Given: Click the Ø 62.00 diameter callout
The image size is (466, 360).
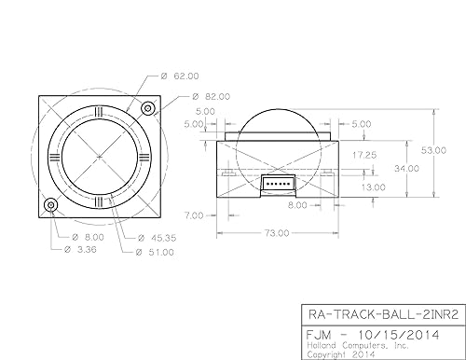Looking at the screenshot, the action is [180, 76].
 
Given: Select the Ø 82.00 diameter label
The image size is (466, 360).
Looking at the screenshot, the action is [212, 97].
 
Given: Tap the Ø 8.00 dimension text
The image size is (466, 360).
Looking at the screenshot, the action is [88, 238].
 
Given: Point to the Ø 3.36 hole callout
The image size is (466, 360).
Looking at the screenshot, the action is [80, 249].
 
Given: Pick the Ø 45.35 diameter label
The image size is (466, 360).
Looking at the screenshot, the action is [157, 238].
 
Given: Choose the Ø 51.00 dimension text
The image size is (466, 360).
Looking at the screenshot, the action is [155, 252].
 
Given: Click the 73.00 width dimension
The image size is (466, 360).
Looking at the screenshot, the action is [277, 233].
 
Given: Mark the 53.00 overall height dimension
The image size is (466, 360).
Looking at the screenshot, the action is [433, 150].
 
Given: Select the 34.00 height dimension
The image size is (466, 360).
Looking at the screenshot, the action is [406, 169].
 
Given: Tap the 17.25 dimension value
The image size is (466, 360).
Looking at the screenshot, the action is [364, 155].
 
